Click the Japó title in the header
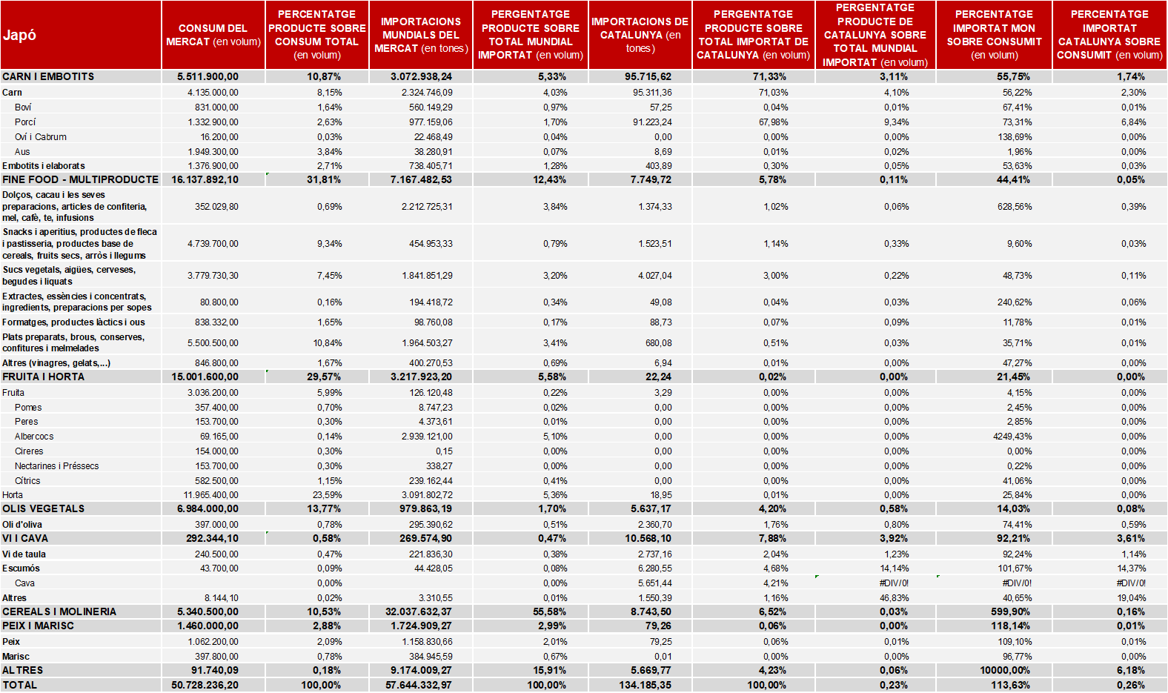point(20,36)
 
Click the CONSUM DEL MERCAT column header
point(213,35)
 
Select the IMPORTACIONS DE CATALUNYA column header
point(640,35)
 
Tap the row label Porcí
point(25,122)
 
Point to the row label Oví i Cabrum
point(41,137)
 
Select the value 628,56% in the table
point(1015,207)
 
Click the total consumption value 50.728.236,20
point(205,685)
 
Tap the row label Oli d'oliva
point(22,525)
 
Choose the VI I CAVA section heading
point(25,539)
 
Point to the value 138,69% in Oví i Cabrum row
point(1015,137)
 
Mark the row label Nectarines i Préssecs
point(57,466)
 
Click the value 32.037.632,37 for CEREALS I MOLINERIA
point(419,612)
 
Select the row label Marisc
point(16,657)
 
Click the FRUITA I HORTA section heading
point(43,377)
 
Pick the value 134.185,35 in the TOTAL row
point(645,685)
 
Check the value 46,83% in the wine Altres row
point(894,598)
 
